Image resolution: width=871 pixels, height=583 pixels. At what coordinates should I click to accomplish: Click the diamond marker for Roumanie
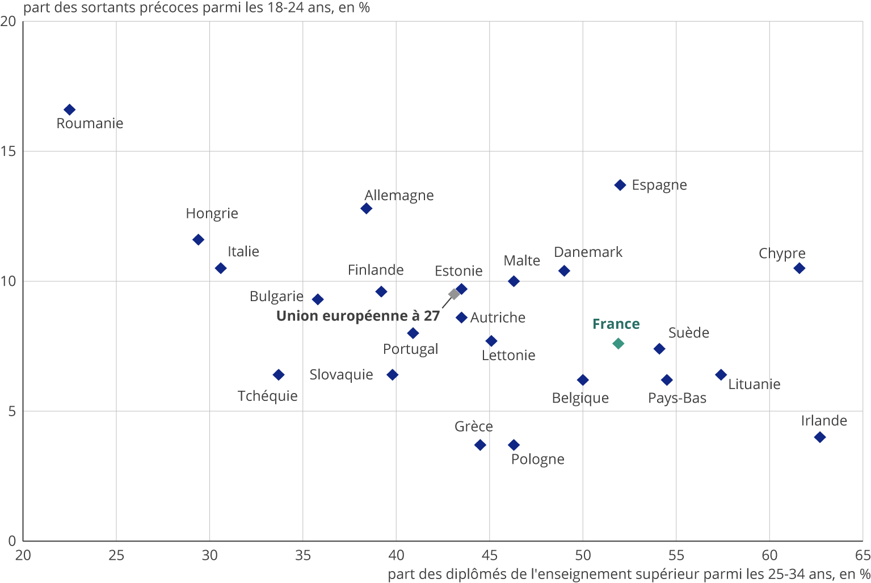point(69,109)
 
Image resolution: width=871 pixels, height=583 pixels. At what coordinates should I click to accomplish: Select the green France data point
point(618,344)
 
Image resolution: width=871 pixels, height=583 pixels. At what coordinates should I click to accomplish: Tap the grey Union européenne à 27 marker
point(454,294)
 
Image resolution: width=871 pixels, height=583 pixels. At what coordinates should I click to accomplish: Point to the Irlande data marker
point(819,437)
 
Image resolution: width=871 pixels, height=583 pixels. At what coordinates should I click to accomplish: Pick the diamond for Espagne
point(620,185)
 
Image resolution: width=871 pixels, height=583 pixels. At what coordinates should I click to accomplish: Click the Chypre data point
point(799,268)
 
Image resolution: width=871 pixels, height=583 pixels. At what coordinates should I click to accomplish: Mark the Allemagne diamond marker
point(367,209)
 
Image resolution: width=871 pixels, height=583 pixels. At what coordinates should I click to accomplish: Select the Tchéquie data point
point(278,375)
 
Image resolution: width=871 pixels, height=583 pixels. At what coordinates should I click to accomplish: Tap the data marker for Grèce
point(480,445)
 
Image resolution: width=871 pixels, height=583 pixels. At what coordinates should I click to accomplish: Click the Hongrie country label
point(212,214)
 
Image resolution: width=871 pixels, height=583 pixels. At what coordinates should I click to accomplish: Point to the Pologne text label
point(537,459)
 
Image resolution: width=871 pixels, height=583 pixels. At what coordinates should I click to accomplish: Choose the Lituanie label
point(754,385)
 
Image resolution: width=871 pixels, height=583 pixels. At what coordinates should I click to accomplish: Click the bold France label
point(616,324)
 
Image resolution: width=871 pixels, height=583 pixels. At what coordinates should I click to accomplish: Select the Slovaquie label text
point(341,375)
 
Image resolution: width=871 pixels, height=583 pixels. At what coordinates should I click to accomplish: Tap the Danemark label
point(588,252)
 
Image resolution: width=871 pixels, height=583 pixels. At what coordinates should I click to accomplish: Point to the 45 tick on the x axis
point(489,555)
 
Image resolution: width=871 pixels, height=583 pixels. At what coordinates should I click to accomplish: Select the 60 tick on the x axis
point(769,555)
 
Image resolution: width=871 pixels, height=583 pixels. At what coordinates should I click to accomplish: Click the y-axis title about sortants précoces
point(196,8)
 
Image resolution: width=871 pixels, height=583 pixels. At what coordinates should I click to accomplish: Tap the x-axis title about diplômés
point(629,574)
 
